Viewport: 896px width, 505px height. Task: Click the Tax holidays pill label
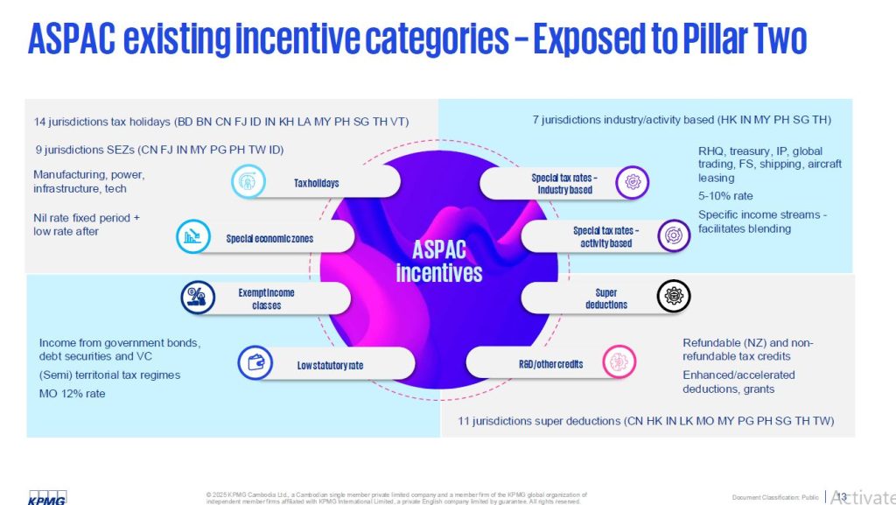[316, 183]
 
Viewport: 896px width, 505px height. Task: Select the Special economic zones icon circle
[192, 236]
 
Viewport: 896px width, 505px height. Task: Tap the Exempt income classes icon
[198, 298]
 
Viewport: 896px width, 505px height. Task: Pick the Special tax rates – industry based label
[562, 184]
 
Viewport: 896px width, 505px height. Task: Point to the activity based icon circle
[674, 236]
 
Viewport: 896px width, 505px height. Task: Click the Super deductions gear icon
[674, 297]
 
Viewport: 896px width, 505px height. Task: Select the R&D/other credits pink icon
[619, 362]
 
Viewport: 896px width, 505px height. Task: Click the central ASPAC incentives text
[438, 261]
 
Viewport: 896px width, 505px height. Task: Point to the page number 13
[842, 496]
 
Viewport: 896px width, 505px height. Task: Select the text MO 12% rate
[73, 393]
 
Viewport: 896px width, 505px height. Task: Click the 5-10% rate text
[725, 196]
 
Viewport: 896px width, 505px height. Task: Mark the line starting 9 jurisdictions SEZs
[154, 150]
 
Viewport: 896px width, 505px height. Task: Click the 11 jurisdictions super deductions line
[645, 421]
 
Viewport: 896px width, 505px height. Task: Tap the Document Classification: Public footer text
[775, 497]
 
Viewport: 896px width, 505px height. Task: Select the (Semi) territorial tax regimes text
[109, 375]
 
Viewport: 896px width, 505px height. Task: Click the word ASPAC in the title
[73, 39]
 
